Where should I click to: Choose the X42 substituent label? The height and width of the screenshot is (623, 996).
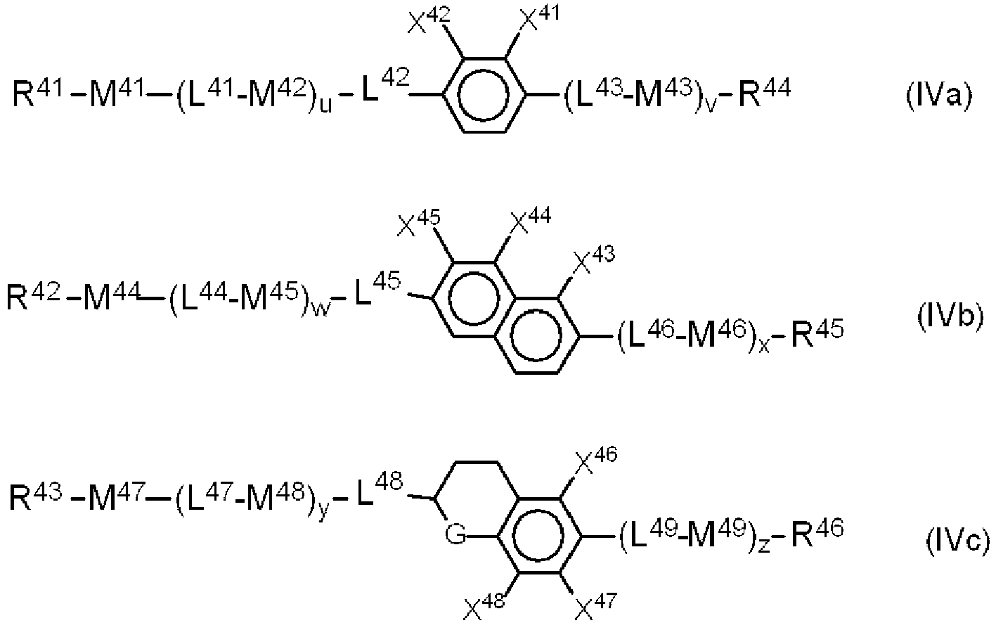point(429,19)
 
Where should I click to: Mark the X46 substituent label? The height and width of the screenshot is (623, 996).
point(597,461)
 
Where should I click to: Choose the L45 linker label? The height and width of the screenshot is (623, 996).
point(377,288)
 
